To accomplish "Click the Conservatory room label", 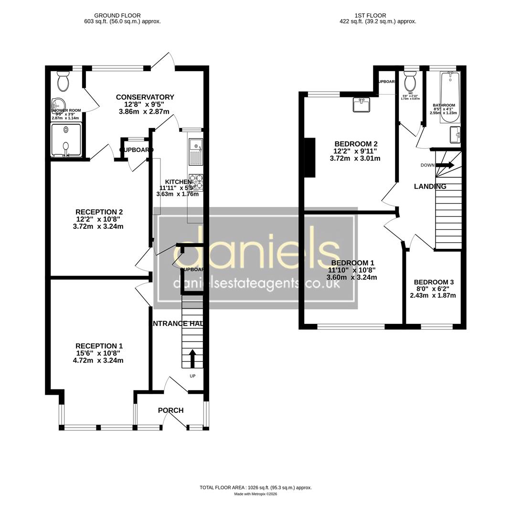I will pyautogui.click(x=145, y=97).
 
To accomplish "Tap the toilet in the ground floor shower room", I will pyautogui.click(x=63, y=82).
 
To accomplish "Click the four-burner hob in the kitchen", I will pyautogui.click(x=195, y=182).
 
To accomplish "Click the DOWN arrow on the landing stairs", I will pyautogui.click(x=445, y=165).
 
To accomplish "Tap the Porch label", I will pyautogui.click(x=170, y=410).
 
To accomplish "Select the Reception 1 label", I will pyautogui.click(x=99, y=346).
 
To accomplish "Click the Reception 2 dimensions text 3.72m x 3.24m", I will pyautogui.click(x=98, y=226).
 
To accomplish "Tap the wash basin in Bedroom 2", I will pyautogui.click(x=362, y=104).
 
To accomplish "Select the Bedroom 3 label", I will pyautogui.click(x=434, y=282).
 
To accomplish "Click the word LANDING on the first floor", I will pyautogui.click(x=430, y=187).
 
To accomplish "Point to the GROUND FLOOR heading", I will pyautogui.click(x=117, y=16).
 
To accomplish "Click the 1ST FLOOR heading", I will pyautogui.click(x=371, y=16).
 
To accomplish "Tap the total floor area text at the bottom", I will pyautogui.click(x=255, y=487).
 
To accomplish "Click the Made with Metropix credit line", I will pyautogui.click(x=255, y=494).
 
